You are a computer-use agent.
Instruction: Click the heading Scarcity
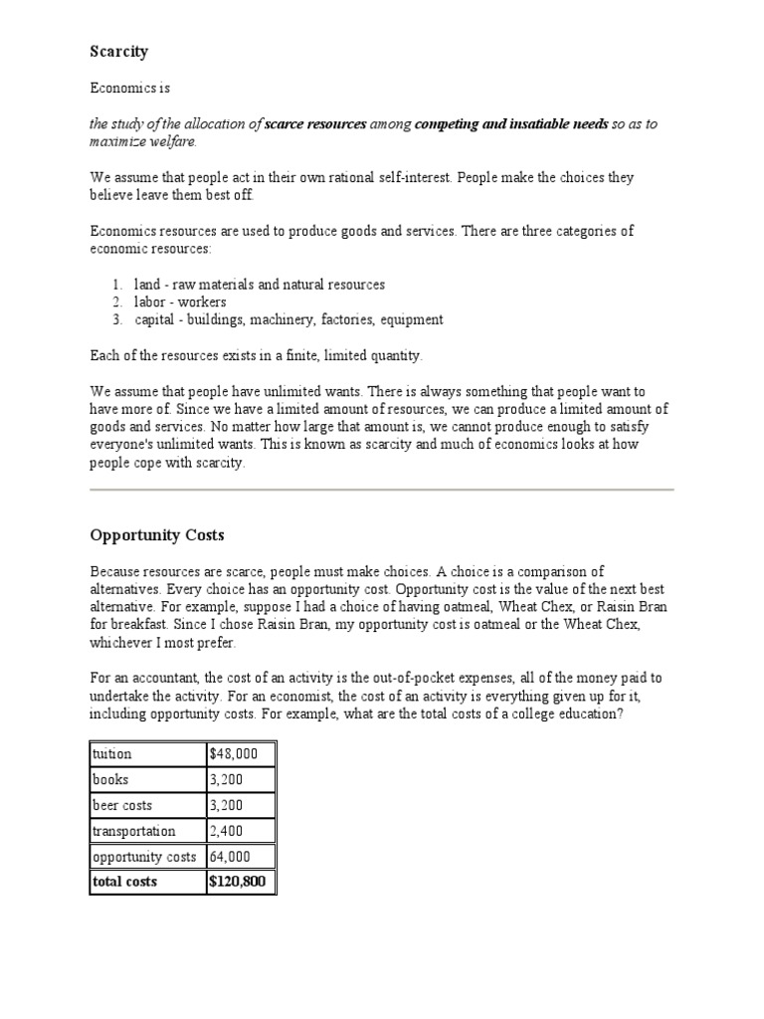pyautogui.click(x=118, y=51)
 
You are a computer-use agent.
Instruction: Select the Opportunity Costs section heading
pyautogui.click(x=157, y=535)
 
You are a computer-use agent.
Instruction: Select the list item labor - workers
pyautogui.click(x=179, y=302)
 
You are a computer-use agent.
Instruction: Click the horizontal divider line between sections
pyautogui.click(x=382, y=490)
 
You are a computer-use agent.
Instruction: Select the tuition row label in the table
pyautogui.click(x=111, y=754)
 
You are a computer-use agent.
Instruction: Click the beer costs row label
pyautogui.click(x=123, y=806)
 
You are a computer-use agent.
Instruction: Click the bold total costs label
pyautogui.click(x=124, y=882)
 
